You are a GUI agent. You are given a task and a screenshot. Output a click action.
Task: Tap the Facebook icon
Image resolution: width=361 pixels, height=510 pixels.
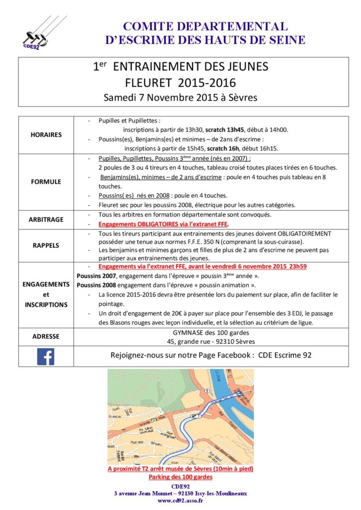point(45,356)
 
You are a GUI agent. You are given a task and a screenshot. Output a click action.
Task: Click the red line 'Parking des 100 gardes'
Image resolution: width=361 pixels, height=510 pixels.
point(180,477)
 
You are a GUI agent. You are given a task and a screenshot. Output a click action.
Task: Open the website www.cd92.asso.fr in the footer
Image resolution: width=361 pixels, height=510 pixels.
point(180,501)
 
